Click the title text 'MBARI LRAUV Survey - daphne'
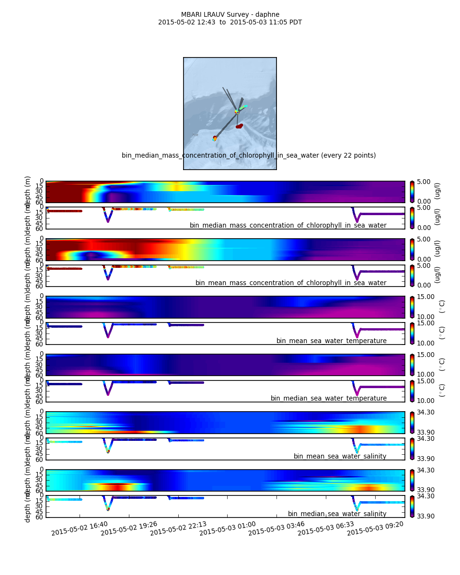[x=230, y=14]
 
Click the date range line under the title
[x=230, y=22]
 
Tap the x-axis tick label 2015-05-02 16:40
[x=79, y=529]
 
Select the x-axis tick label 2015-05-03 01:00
[x=227, y=529]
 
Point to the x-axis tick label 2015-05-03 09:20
[x=375, y=529]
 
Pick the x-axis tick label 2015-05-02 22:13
[x=178, y=529]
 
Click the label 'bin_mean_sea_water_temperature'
[x=331, y=341]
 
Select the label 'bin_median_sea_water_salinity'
[x=337, y=514]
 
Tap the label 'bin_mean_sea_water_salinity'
[x=340, y=456]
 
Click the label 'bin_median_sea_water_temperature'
[x=328, y=398]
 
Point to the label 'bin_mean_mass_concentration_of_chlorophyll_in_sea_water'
[x=290, y=283]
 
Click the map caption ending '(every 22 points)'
[x=249, y=155]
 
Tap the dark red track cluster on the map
[x=239, y=126]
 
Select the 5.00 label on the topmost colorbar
[x=424, y=182]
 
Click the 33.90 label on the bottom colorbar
[x=424, y=516]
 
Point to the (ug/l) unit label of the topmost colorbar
[x=437, y=191]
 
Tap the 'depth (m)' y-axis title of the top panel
[x=28, y=192]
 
